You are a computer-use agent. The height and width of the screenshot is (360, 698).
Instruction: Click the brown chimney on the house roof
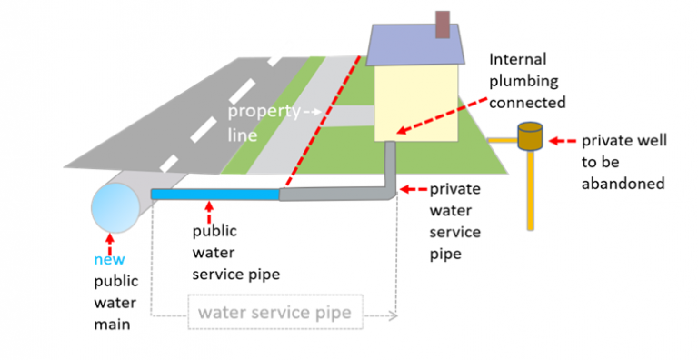pyautogui.click(x=443, y=25)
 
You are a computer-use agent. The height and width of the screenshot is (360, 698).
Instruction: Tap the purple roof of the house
pyautogui.click(x=414, y=46)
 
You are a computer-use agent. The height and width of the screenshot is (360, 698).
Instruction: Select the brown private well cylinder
pyautogui.click(x=529, y=137)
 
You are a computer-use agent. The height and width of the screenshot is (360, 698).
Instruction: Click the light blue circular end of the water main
pyautogui.click(x=113, y=205)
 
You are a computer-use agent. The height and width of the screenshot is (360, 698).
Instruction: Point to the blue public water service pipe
pyautogui.click(x=214, y=194)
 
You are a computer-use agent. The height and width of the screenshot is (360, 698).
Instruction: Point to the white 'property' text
pyautogui.click(x=264, y=112)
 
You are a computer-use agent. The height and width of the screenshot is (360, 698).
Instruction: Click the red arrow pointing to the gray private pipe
pyautogui.click(x=414, y=190)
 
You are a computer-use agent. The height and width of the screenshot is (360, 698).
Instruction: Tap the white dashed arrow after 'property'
pyautogui.click(x=312, y=112)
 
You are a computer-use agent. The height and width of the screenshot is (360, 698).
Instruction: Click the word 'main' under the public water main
pyautogui.click(x=114, y=323)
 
